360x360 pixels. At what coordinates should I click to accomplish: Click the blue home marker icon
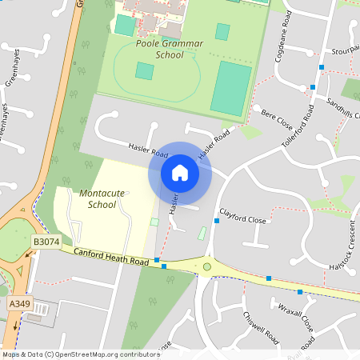click(x=180, y=173)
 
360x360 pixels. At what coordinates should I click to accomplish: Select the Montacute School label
click(x=97, y=198)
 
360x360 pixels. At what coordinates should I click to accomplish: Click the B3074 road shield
click(x=46, y=241)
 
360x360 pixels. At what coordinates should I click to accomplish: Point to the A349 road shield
click(x=18, y=304)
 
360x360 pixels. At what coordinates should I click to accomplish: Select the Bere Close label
click(x=276, y=121)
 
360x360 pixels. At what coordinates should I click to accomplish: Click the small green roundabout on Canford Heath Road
click(x=207, y=266)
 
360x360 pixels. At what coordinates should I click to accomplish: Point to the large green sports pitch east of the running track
click(x=230, y=87)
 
